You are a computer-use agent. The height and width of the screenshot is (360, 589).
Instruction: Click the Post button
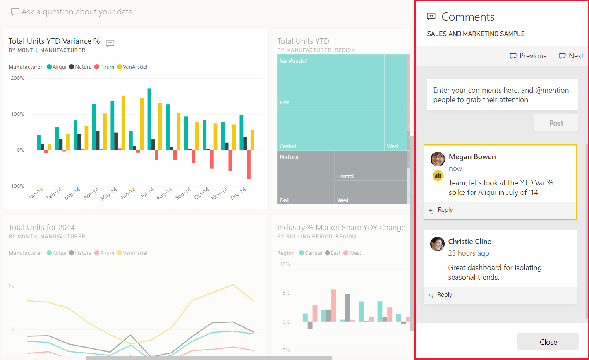(556, 123)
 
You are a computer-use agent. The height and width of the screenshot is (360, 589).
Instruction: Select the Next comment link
(571, 56)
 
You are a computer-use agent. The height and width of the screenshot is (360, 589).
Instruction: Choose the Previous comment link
(528, 56)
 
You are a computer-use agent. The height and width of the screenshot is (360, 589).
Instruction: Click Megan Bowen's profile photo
(438, 159)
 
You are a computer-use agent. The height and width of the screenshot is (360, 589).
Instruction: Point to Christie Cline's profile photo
(437, 244)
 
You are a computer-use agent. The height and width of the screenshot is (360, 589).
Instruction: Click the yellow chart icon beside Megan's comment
(438, 175)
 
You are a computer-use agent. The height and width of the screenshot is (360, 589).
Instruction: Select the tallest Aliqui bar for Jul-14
(149, 119)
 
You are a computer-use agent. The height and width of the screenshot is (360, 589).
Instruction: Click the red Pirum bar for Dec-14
(249, 164)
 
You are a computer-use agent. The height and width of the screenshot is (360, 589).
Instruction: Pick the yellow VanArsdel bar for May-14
(123, 122)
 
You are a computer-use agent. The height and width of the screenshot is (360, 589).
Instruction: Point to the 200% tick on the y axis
(17, 78)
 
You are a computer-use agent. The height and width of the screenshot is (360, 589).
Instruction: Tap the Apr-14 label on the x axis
(91, 193)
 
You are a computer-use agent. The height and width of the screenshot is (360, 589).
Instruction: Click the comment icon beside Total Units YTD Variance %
(110, 43)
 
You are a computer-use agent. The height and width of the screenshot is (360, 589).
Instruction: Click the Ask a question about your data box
(91, 12)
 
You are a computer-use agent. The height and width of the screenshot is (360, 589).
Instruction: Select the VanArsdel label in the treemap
(293, 61)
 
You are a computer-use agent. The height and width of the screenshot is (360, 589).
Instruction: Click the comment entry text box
(502, 95)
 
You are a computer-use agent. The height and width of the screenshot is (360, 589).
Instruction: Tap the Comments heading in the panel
(468, 17)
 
